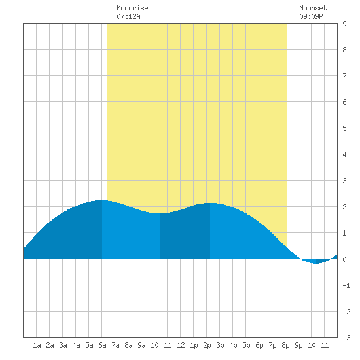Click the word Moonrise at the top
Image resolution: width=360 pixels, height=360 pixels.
132,8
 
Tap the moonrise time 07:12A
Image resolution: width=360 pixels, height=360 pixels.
128,16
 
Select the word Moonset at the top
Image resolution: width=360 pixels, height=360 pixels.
313,8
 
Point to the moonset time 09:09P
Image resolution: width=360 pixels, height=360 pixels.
311,16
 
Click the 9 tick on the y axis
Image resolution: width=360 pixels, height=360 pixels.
344,24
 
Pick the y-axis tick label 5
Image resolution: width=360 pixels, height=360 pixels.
344,128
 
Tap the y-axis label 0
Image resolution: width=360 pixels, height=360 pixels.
344,259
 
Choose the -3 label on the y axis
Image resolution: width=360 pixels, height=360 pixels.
346,338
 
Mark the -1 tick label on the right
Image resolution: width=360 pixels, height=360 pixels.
346,285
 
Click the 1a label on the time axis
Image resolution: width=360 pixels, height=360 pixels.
37,345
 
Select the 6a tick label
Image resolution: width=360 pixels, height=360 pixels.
102,345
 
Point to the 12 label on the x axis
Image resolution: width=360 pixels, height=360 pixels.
181,345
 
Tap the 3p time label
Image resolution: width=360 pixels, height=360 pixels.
220,345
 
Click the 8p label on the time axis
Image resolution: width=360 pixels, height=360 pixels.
285,345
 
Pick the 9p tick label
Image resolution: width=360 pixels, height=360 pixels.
298,345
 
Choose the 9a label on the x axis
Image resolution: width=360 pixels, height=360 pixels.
141,345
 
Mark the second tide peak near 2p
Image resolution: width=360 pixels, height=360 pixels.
210,203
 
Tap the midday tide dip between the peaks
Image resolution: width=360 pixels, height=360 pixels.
160,213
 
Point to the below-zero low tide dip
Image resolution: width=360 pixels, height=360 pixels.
316,263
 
